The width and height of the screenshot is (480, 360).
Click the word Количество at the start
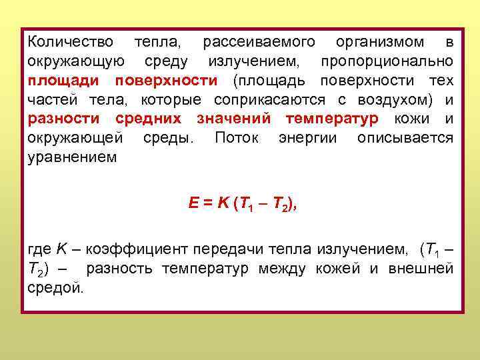point(71,43)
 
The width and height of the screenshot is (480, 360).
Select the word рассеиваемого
point(259,43)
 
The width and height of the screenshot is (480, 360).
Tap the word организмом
point(380,43)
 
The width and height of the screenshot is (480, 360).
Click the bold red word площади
point(61,81)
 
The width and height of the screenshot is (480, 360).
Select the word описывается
point(406,139)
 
